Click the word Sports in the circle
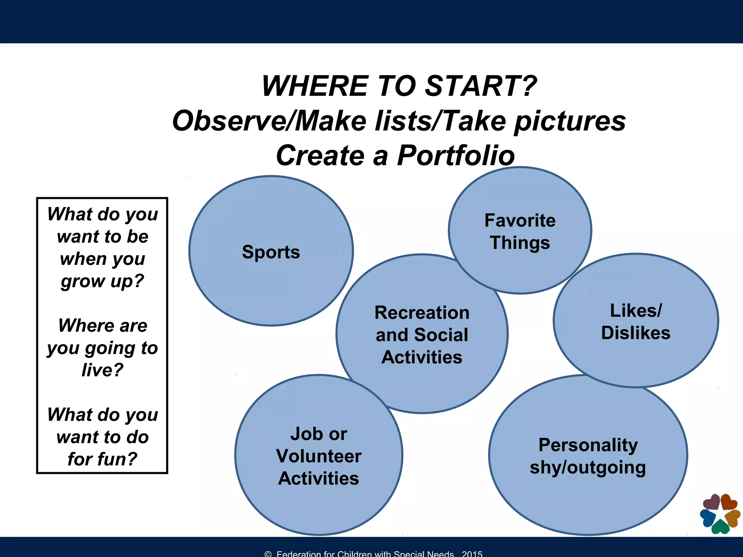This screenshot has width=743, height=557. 271,252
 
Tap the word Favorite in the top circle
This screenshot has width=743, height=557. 520,220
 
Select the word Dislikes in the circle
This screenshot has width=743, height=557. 636,333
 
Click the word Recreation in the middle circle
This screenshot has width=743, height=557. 422,313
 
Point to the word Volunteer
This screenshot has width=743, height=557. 319,456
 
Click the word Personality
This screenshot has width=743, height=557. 588,445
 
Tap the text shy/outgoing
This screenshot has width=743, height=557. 588,468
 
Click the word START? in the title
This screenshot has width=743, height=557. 480,86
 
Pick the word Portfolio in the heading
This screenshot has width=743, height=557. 456,156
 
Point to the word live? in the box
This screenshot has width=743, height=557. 102,370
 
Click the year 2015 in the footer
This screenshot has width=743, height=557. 472,554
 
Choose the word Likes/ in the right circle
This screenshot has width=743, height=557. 636,311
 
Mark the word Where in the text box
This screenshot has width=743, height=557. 84,326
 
